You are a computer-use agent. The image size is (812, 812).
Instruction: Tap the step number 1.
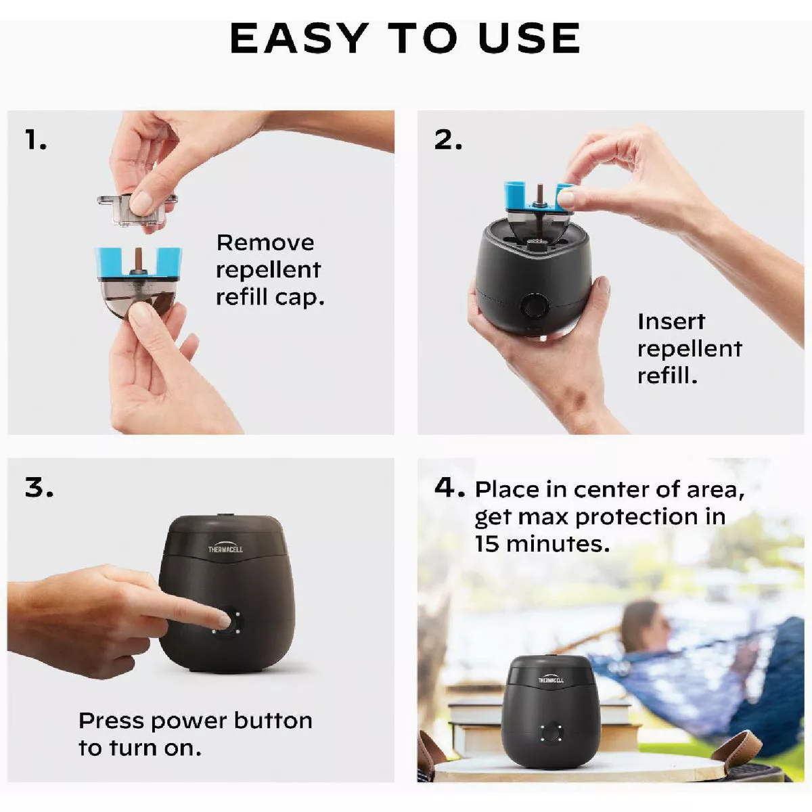click(x=35, y=140)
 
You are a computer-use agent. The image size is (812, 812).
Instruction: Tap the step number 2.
click(x=448, y=140)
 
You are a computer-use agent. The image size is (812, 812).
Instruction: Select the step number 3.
click(x=39, y=487)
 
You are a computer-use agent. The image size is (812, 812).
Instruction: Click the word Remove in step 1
click(x=265, y=243)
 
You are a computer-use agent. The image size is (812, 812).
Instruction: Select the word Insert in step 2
click(x=671, y=321)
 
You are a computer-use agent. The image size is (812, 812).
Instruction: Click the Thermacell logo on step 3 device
click(x=225, y=548)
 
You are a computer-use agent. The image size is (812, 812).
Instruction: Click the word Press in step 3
click(x=111, y=721)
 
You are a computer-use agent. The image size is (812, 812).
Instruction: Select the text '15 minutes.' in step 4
click(x=541, y=544)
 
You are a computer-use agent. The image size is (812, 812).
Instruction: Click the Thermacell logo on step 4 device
click(x=551, y=679)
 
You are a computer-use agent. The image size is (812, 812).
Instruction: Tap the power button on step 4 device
click(x=551, y=733)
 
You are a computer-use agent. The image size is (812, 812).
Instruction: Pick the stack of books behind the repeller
click(x=474, y=727)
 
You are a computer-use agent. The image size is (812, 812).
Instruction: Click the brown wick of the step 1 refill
click(x=139, y=260)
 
